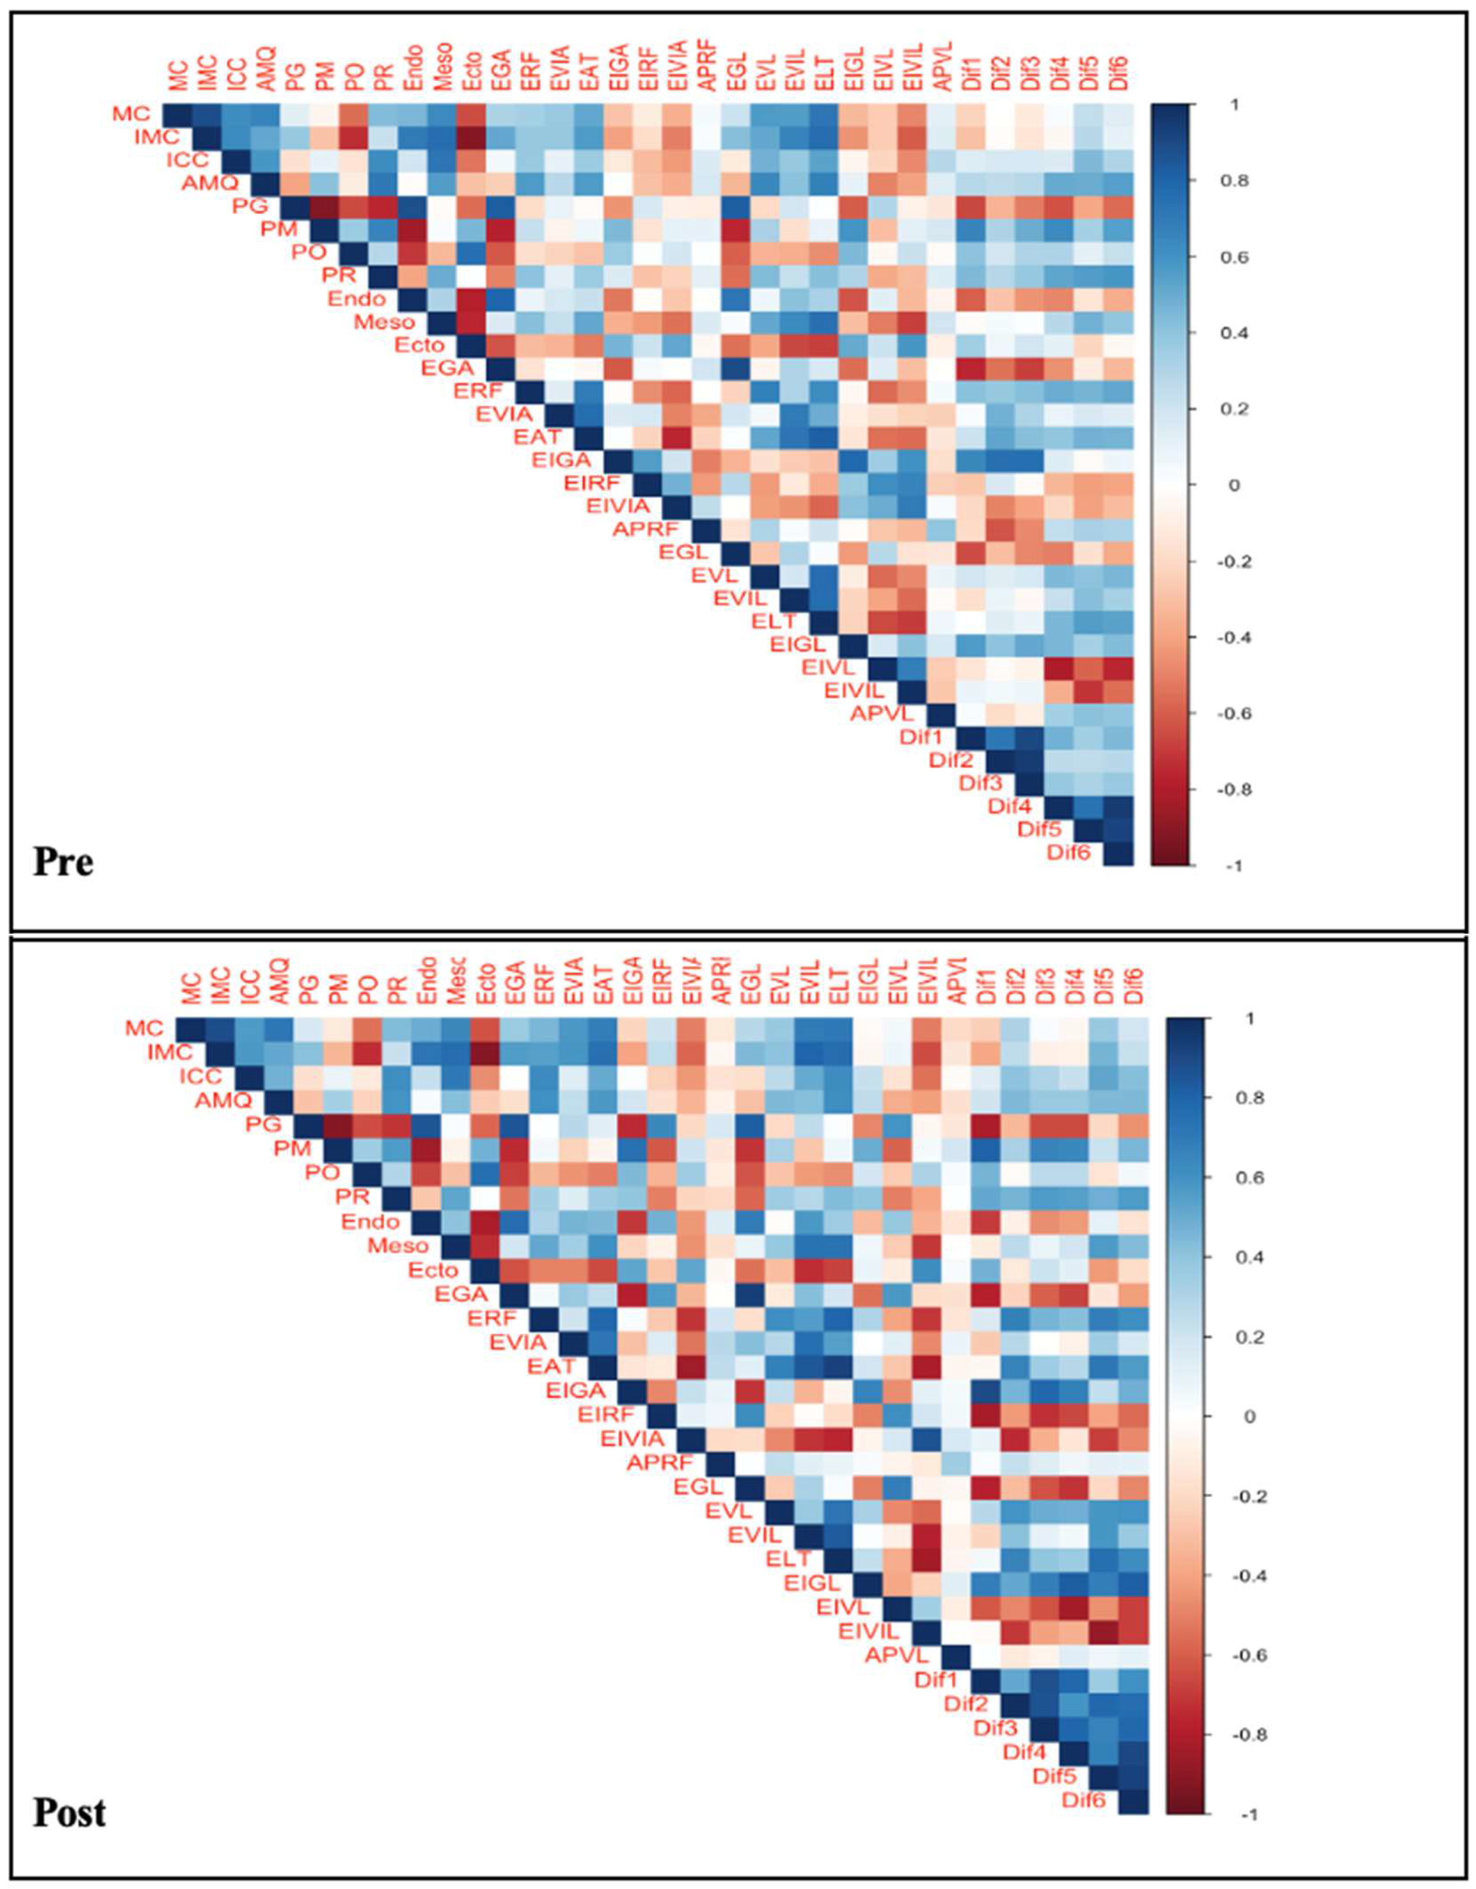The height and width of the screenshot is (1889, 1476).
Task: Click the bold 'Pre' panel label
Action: click(63, 862)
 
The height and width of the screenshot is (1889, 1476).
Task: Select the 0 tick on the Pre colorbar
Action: click(1234, 485)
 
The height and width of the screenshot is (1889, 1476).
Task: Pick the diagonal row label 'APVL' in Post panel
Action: click(897, 1656)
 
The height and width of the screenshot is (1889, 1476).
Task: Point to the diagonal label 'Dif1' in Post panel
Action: click(937, 1680)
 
